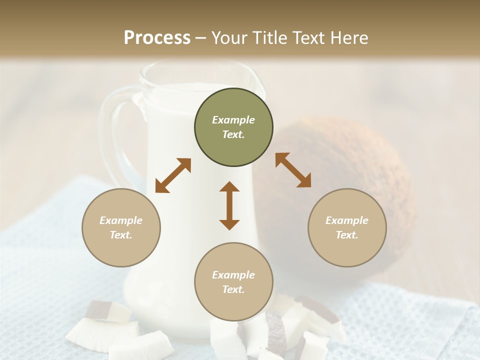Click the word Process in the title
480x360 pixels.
tap(157, 38)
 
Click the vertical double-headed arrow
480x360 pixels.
tap(229, 205)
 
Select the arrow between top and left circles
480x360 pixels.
tap(173, 175)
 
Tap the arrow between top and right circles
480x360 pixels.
tap(293, 170)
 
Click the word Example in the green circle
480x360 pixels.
tap(233, 120)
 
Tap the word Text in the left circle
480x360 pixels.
tap(121, 235)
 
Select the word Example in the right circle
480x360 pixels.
tap(347, 220)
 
